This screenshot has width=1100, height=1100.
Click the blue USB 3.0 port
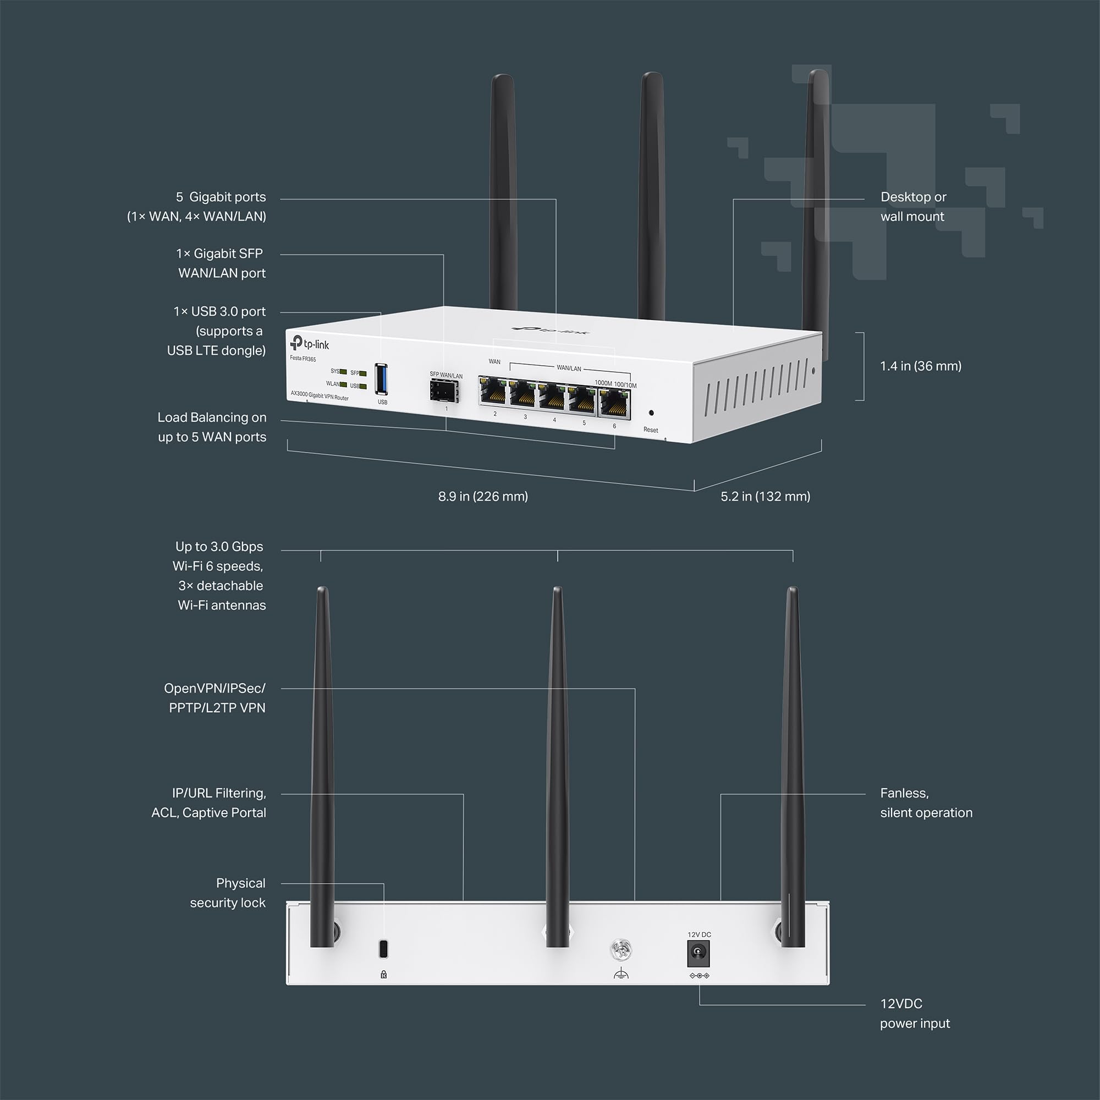(382, 378)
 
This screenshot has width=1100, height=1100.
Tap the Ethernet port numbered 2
(493, 391)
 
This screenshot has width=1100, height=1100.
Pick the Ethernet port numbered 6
(615, 404)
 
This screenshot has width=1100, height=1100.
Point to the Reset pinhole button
(651, 413)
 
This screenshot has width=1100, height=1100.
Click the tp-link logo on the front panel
(310, 344)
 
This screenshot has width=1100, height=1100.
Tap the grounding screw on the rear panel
(620, 949)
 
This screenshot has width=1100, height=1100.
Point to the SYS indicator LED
(343, 372)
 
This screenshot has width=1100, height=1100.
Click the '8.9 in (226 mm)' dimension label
(483, 497)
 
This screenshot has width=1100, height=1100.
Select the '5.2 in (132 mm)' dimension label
(765, 497)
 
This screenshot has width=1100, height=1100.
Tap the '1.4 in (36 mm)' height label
(920, 366)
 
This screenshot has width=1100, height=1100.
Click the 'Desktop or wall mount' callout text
(912, 207)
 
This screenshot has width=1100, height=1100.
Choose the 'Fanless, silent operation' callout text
(926, 803)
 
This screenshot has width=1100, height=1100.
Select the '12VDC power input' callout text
(915, 1014)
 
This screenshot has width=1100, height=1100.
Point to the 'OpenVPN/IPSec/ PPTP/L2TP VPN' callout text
(215, 698)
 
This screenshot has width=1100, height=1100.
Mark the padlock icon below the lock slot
(384, 975)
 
